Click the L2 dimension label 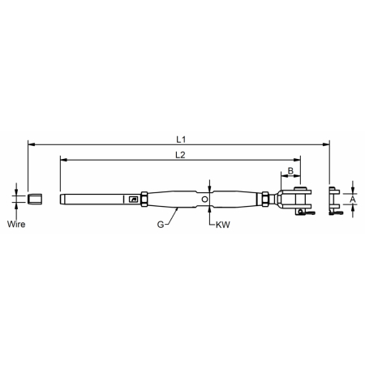tap(178, 154)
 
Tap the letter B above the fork tap(290, 171)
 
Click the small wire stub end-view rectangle tap(33, 198)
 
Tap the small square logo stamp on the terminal tap(133, 199)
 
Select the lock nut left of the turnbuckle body tap(144, 198)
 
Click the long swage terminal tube tap(93, 198)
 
